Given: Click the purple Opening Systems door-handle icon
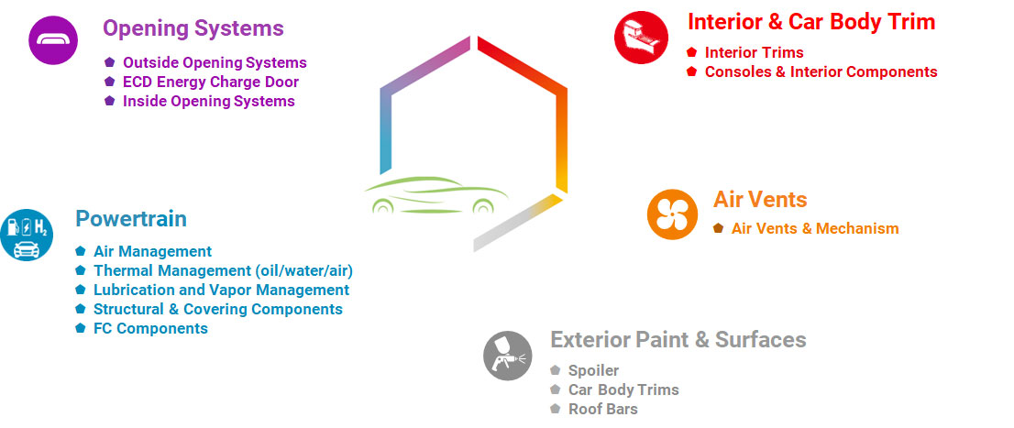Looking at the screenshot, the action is (x=53, y=40).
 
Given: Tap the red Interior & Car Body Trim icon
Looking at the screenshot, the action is (x=641, y=38).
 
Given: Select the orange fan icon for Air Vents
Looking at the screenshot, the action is (x=673, y=214).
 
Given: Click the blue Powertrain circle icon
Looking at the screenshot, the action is (x=27, y=235).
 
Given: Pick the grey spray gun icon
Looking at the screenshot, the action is (x=508, y=356).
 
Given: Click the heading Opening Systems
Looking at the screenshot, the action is (x=193, y=28).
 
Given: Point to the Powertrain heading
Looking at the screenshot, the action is (x=131, y=219).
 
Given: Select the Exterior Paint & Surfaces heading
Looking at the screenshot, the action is (x=678, y=339).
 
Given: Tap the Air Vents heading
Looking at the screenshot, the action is (x=760, y=199).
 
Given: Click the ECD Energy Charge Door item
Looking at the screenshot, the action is (x=211, y=82).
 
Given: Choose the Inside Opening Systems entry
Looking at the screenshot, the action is (x=209, y=102).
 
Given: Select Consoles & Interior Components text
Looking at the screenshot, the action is (x=821, y=71).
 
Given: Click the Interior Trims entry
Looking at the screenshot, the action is (x=754, y=52).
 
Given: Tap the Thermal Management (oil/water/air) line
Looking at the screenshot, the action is (x=223, y=271).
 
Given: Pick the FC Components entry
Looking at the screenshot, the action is (x=150, y=328).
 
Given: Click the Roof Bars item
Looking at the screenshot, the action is (x=602, y=410).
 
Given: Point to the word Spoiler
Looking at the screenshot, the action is (x=594, y=371).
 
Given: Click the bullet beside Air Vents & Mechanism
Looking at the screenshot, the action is (x=719, y=228).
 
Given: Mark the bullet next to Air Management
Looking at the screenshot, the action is (x=80, y=251).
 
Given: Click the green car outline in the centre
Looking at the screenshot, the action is (x=435, y=194).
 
